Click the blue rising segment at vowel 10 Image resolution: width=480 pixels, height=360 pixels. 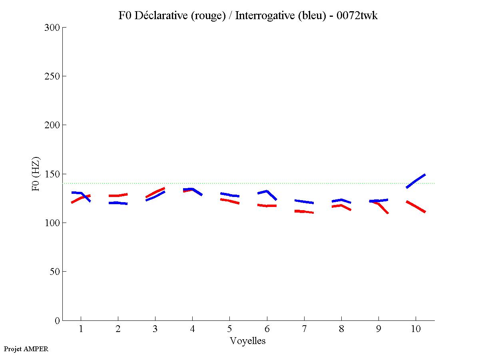(x=416, y=181)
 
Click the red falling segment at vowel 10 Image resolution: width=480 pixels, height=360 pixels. (x=416, y=207)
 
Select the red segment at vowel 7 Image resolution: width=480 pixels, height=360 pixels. (x=304, y=211)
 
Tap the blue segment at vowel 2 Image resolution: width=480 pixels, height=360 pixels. (x=118, y=203)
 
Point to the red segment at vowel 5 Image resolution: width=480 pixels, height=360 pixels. (x=229, y=201)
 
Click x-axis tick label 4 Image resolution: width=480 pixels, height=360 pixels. (x=192, y=330)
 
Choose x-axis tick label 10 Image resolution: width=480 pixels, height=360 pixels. (x=416, y=330)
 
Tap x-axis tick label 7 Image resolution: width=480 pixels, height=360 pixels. (x=304, y=330)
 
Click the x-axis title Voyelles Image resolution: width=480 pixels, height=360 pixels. (x=248, y=341)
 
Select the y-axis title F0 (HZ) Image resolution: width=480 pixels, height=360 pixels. (x=36, y=173)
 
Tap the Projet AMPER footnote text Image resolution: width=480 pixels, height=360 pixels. (x=26, y=349)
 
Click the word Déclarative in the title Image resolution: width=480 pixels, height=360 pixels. (x=159, y=16)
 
